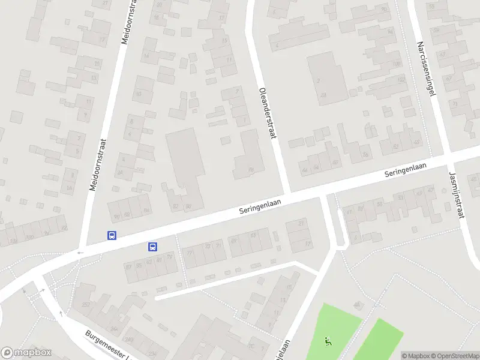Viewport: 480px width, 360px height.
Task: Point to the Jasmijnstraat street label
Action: pos(457,194)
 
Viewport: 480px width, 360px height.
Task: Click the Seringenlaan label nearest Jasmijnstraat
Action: pos(409,170)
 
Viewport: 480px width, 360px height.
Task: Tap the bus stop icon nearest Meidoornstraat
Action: pos(112,235)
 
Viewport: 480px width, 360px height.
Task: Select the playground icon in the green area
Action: pos(327,341)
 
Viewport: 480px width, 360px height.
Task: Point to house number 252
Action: pos(86,305)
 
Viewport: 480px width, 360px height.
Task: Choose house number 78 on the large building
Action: pos(251,170)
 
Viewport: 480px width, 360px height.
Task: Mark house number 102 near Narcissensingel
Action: pos(400,79)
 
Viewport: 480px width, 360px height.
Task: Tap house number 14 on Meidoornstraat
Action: pos(146,56)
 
